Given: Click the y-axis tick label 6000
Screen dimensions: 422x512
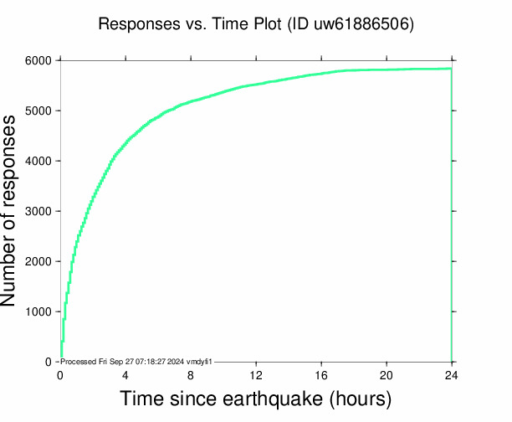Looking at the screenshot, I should [x=38, y=61].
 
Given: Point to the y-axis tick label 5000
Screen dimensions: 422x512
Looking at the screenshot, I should [x=38, y=111].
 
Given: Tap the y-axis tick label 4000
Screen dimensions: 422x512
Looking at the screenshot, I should [x=38, y=162].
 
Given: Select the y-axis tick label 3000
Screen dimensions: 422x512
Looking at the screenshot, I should [x=38, y=212].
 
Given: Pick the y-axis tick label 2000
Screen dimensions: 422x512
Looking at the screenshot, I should [x=38, y=262].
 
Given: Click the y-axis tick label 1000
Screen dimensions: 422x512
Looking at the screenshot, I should [x=38, y=312].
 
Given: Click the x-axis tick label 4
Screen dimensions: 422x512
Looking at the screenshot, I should [x=125, y=374].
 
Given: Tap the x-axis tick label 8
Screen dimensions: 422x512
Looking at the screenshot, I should [x=191, y=374].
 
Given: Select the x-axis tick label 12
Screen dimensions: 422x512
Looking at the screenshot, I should [x=256, y=374].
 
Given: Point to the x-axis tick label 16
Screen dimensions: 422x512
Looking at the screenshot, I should [x=321, y=374].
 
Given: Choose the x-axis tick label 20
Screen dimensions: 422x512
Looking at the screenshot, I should [x=387, y=374].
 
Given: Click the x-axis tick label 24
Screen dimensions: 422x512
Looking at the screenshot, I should [x=452, y=374].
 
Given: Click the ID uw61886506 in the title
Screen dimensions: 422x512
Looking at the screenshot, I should [x=361, y=24].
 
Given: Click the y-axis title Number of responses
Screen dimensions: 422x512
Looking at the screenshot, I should [x=18, y=211].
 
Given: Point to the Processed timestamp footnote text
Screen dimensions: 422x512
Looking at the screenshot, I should [x=137, y=361].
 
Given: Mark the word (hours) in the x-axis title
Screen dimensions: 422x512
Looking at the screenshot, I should [x=361, y=399].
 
